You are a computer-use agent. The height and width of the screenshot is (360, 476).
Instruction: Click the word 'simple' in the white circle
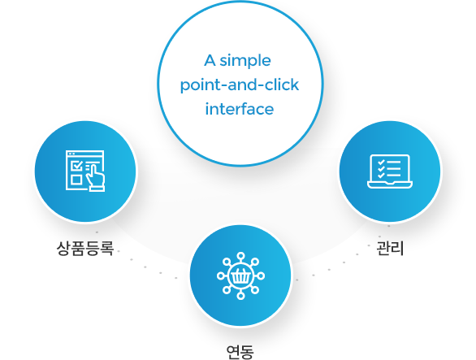click(x=245, y=61)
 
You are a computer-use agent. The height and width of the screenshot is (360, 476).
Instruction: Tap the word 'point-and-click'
click(x=240, y=85)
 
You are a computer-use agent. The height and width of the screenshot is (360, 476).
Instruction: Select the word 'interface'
click(x=240, y=109)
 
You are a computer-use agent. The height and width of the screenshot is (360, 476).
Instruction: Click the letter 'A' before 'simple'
click(x=210, y=60)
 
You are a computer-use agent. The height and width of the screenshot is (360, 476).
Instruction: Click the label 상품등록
click(x=85, y=248)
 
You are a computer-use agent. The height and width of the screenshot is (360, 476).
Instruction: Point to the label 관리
click(x=390, y=248)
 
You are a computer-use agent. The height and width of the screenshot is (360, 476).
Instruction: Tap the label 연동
click(x=240, y=352)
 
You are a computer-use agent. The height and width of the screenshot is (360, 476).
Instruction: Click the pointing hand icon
click(x=96, y=177)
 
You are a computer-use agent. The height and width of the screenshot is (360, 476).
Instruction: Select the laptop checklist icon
click(x=390, y=171)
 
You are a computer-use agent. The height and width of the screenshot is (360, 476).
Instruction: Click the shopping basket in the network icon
click(x=241, y=276)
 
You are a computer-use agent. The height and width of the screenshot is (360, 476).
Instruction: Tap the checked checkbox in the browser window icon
click(x=77, y=166)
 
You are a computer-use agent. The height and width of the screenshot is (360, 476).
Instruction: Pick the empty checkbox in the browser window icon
click(x=76, y=180)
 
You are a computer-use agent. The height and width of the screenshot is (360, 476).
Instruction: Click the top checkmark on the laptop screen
click(x=381, y=163)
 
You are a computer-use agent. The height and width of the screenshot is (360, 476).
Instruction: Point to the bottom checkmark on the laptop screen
click(x=381, y=175)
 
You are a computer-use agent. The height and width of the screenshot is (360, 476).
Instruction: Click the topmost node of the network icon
click(x=241, y=256)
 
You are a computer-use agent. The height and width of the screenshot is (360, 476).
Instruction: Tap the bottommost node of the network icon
click(x=241, y=296)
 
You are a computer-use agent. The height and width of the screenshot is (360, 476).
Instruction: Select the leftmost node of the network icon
click(x=221, y=275)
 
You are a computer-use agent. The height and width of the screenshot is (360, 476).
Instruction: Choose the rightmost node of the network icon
click(x=261, y=275)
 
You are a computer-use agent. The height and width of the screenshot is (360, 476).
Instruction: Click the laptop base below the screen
click(x=390, y=184)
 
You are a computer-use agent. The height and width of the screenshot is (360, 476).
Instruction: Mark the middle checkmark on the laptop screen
click(x=381, y=168)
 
